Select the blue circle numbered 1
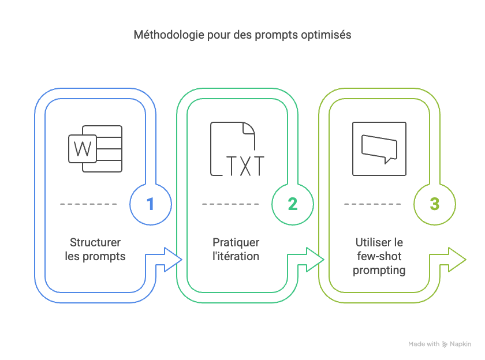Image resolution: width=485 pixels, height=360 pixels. [151, 204]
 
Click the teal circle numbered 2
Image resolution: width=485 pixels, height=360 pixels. [293, 204]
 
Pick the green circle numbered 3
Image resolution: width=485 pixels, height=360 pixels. [435, 204]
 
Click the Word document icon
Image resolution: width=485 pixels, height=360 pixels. [95, 149]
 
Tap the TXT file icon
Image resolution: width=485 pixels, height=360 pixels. [237, 149]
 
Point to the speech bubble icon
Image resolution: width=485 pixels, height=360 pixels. [379, 149]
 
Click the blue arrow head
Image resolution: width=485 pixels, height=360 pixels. [171, 259]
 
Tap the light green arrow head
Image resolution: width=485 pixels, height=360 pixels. [456, 259]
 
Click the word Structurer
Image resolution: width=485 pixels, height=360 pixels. [95, 242]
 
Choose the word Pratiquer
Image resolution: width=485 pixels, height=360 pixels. [236, 242]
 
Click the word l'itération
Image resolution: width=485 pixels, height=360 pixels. [236, 256]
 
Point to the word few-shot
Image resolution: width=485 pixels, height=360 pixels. [379, 256]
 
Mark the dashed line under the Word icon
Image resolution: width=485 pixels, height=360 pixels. [88, 204]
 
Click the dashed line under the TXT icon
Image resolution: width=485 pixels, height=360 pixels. [230, 204]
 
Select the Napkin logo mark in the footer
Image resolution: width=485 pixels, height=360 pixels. [445, 344]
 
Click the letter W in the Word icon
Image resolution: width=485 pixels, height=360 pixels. [83, 149]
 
